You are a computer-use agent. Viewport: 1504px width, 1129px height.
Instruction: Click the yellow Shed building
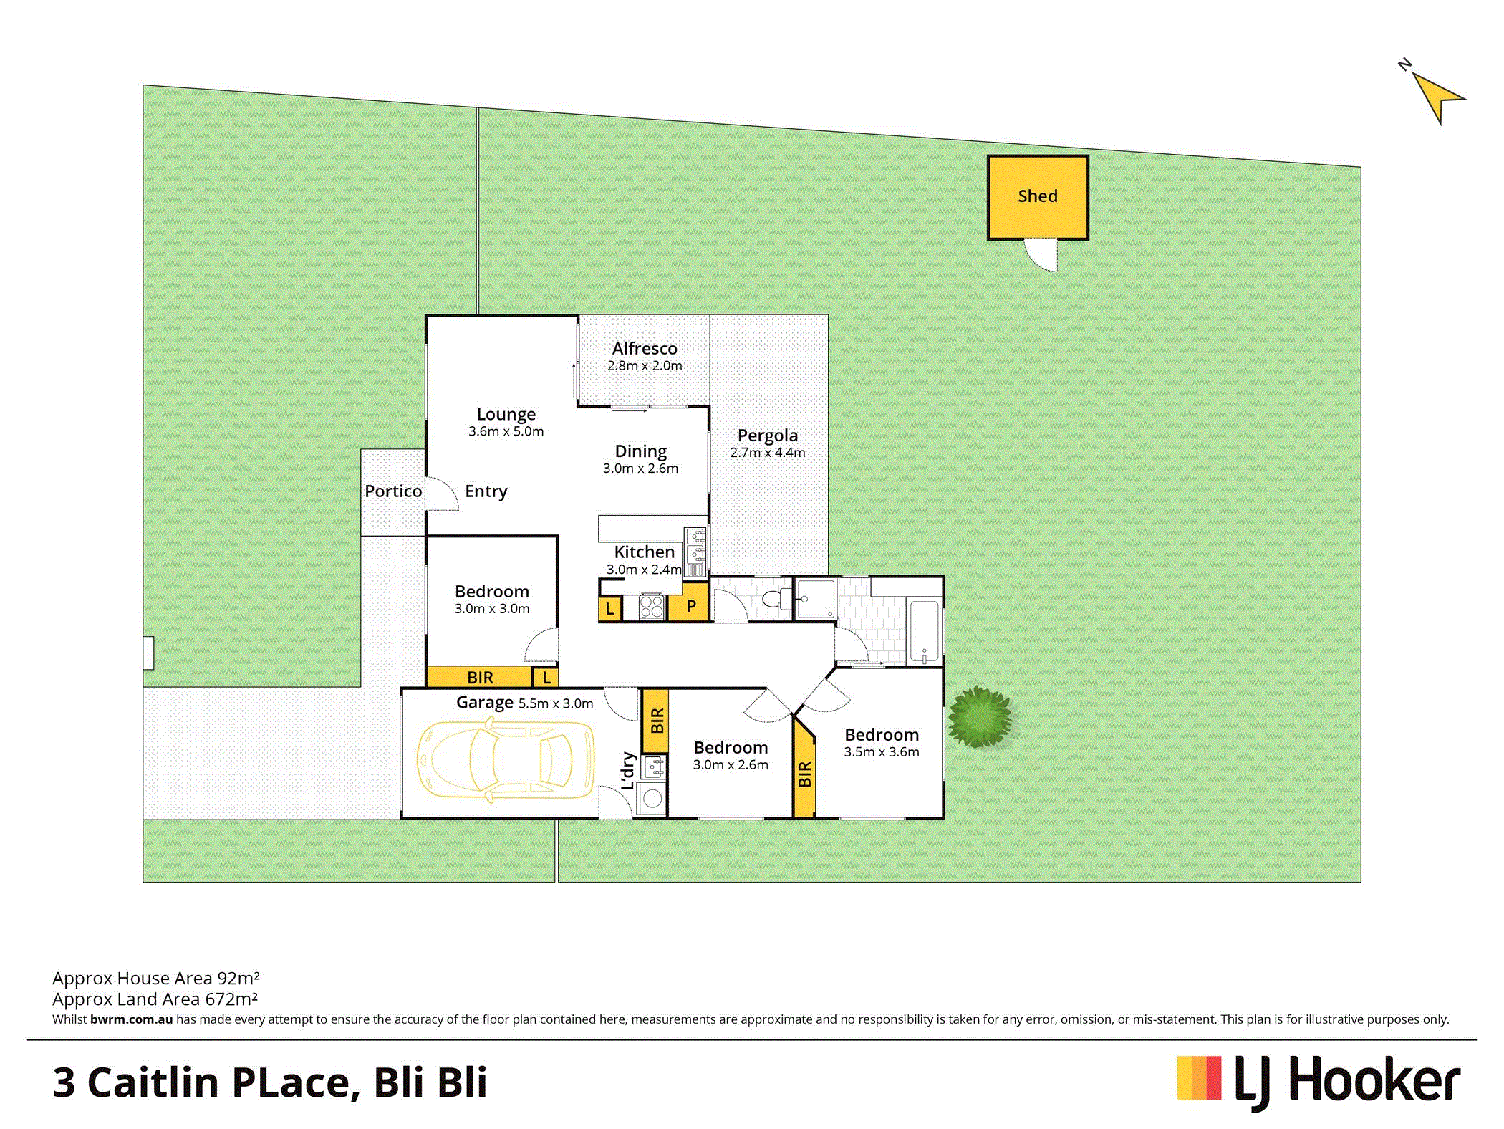(1038, 197)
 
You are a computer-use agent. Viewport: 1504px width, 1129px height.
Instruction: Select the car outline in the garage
(506, 760)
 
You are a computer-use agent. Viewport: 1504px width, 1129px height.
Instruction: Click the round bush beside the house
(980, 717)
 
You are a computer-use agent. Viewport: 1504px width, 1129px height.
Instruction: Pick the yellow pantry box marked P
(689, 601)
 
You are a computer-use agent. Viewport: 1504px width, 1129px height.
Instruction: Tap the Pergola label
(768, 435)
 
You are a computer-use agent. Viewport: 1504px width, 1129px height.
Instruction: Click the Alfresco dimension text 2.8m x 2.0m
(645, 365)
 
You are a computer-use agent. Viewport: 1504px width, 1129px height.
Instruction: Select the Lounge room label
(506, 414)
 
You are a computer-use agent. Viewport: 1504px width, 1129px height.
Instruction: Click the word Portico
(393, 491)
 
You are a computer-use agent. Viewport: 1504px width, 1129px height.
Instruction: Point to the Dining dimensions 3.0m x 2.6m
(640, 468)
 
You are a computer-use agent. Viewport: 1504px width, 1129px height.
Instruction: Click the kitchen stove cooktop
(652, 607)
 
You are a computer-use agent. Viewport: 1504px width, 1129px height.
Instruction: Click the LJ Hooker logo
(1319, 1081)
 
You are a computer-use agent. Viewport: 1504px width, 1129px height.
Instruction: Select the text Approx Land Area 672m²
(155, 999)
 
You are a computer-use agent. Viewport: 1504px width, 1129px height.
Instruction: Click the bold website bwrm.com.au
(132, 1019)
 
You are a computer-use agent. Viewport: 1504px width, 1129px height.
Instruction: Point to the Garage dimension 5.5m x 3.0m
(556, 703)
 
